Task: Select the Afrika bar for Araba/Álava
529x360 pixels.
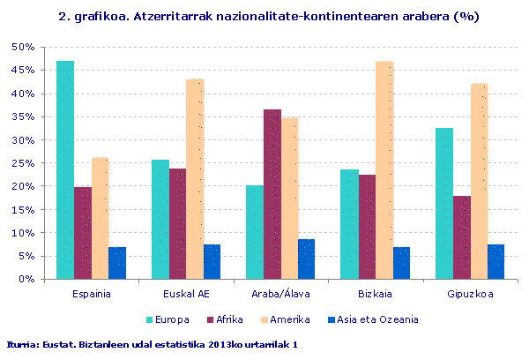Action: tap(272, 194)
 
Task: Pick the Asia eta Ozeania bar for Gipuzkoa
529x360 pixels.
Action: tap(495, 262)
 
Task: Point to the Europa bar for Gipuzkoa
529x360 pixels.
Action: tap(444, 204)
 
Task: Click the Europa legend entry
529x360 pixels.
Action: tap(168, 319)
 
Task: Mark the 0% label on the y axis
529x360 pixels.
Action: tap(26, 280)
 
